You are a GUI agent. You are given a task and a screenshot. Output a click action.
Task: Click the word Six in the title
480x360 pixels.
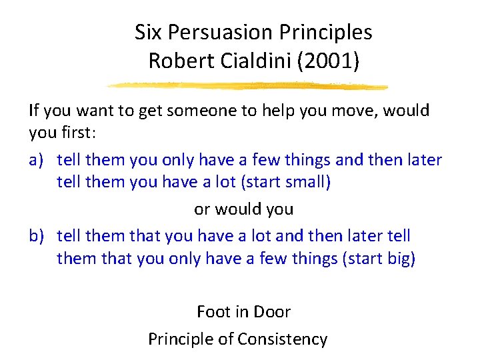click(147, 32)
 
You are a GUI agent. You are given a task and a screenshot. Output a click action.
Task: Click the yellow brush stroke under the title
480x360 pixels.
click(247, 85)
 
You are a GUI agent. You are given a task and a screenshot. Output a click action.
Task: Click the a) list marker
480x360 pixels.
click(37, 159)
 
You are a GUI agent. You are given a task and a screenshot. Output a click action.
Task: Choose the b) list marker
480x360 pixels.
click(37, 235)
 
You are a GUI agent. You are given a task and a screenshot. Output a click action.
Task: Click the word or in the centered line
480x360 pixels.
click(202, 209)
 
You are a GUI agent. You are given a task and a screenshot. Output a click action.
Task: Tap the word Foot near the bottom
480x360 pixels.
click(213, 311)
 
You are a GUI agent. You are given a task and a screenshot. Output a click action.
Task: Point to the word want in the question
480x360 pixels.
click(92, 110)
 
